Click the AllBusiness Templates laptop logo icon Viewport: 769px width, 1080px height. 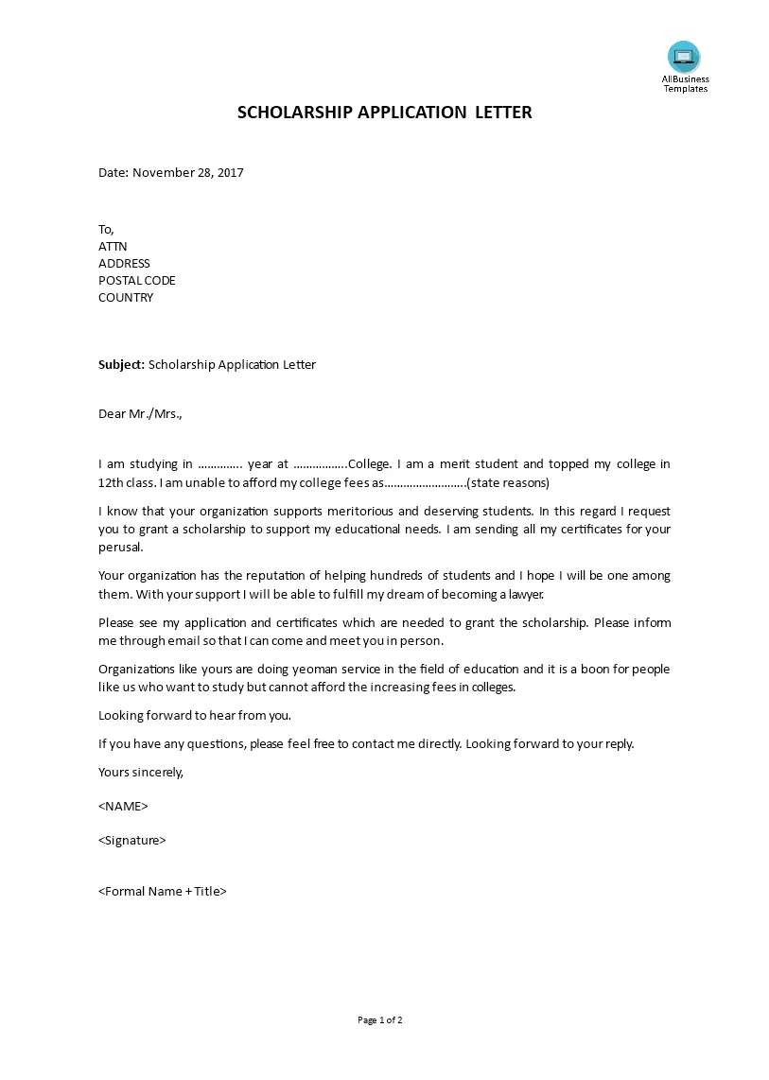pos(683,57)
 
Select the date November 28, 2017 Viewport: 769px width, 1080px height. pos(188,173)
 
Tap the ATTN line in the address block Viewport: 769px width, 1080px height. pos(113,247)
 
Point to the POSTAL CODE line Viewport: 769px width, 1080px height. pos(137,281)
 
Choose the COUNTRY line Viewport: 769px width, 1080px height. pos(126,298)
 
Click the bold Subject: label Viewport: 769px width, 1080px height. pos(122,364)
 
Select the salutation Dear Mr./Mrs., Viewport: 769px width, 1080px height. pos(140,413)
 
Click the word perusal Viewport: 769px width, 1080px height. pos(120,548)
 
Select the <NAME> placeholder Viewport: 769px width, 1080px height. pos(123,807)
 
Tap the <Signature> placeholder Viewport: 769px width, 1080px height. pos(132,840)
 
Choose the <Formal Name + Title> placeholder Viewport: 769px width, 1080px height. pos(163,891)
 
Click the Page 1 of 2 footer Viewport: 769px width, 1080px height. pos(380,1020)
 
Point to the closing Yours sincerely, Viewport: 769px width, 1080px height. pos(141,772)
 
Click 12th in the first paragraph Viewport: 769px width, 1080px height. pos(113,483)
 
